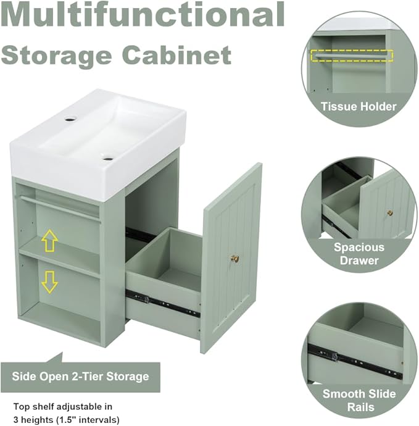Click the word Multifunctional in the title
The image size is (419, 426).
(143, 14)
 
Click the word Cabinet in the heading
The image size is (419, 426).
(178, 55)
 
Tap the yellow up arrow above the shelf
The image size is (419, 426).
(50, 240)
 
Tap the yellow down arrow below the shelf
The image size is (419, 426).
(50, 282)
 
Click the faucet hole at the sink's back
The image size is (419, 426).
(71, 119)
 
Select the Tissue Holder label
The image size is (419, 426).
(359, 106)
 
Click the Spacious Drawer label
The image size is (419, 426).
(359, 254)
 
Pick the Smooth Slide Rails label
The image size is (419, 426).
(359, 400)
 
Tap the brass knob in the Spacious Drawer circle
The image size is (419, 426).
(390, 213)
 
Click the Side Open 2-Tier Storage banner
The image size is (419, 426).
(80, 377)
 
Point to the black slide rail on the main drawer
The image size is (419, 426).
(162, 303)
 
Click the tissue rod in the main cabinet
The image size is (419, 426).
(60, 209)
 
